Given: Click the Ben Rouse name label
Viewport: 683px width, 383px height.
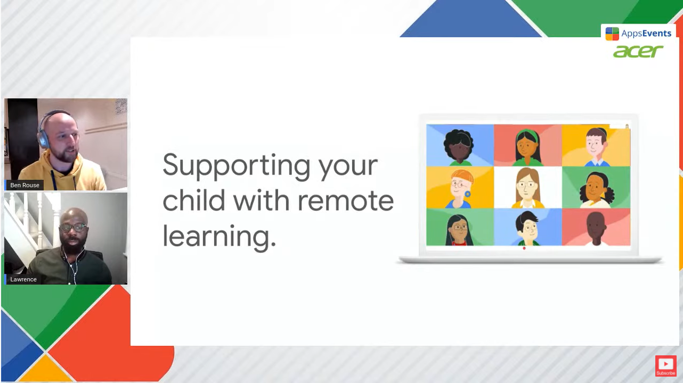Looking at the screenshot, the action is tap(25, 185).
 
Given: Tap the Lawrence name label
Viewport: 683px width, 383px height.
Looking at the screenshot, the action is tap(23, 279).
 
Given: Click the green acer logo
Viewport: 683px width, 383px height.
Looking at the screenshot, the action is tap(638, 51).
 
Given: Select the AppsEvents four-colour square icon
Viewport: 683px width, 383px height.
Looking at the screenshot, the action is tap(612, 34).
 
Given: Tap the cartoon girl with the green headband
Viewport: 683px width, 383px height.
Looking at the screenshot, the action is tap(528, 147).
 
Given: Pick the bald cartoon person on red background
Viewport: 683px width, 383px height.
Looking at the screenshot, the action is tap(596, 229).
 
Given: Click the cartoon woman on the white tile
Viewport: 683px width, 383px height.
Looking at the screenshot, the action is tap(527, 188).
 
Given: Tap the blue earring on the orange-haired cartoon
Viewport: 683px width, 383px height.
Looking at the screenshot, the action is tap(467, 194).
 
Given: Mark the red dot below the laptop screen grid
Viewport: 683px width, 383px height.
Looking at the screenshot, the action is tap(524, 248).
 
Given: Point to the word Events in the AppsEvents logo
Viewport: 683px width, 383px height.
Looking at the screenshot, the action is tap(657, 33).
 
